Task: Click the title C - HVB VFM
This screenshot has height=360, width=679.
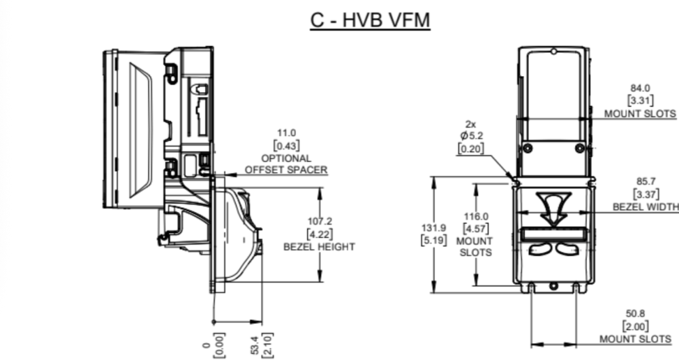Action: click(x=370, y=20)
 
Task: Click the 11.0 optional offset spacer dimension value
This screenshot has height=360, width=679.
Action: click(x=286, y=133)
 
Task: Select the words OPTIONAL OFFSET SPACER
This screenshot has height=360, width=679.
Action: click(x=286, y=164)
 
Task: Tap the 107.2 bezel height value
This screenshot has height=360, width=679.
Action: click(x=318, y=221)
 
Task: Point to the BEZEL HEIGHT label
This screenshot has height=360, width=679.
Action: click(x=318, y=247)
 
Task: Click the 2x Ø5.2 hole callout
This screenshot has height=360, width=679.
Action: click(x=471, y=136)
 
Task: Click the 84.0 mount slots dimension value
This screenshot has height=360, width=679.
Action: click(x=640, y=88)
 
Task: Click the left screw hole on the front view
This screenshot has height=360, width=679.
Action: click(x=527, y=148)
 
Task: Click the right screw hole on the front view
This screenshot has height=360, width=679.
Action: click(x=579, y=148)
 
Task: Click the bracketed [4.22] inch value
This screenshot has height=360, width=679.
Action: click(x=318, y=234)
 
